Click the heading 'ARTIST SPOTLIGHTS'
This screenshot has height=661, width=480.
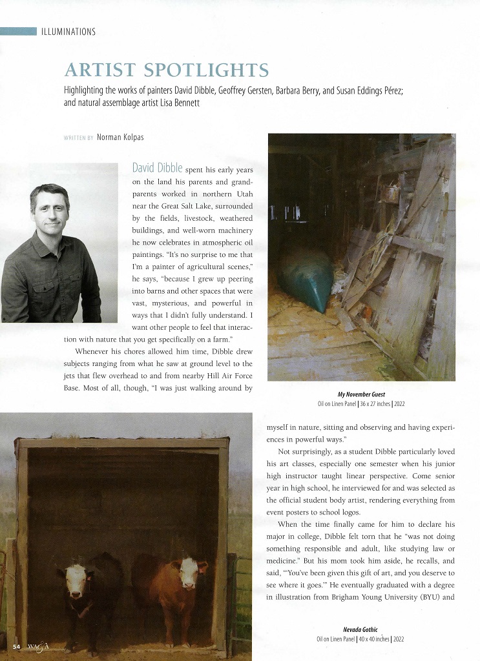tap(166, 70)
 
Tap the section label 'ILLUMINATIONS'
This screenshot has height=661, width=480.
tap(68, 32)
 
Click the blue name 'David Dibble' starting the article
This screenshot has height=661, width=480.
tap(157, 168)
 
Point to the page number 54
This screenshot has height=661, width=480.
tap(16, 646)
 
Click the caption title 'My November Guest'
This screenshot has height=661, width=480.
tap(361, 394)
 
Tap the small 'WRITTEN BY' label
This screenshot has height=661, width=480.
tap(79, 138)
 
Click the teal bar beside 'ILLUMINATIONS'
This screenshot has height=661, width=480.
tap(18, 32)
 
